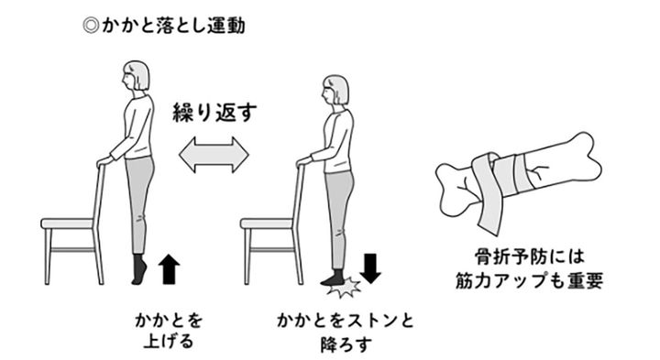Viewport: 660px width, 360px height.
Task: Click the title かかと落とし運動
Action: pos(172,26)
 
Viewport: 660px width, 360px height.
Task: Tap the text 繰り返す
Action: pos(214,113)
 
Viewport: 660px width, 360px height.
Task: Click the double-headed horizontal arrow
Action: pos(214,155)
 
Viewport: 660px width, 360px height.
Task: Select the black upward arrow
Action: pos(169,268)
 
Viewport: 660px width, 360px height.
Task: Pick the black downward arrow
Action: pos(370,267)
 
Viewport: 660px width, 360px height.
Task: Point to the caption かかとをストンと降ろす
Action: pos(346,333)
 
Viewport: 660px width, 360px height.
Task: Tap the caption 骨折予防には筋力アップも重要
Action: pos(530,269)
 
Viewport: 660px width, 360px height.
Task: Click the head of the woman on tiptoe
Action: pos(136,76)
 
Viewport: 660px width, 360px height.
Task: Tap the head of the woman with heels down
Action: pos(335,90)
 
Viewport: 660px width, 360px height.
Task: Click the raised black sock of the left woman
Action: pos(139,269)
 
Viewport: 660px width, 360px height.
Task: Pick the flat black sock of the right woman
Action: pos(334,278)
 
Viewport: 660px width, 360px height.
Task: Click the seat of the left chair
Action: pos(67,224)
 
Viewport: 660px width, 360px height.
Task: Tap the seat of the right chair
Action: pos(267,224)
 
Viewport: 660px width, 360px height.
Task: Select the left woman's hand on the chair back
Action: pos(104,161)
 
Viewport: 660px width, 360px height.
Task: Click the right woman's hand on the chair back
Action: pos(304,161)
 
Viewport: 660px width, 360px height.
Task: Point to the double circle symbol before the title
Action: pos(91,26)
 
